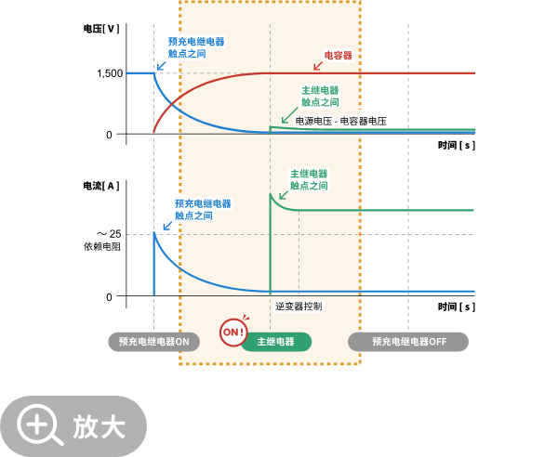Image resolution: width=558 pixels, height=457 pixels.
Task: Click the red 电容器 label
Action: [338, 56]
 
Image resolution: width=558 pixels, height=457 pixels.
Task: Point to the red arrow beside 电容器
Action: [318, 65]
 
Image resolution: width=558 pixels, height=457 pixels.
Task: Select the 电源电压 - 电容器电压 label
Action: [341, 121]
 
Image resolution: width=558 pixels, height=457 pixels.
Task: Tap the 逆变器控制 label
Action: [299, 306]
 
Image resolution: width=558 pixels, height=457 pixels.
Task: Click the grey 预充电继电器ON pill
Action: [153, 342]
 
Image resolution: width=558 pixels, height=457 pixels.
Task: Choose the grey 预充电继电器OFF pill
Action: [408, 342]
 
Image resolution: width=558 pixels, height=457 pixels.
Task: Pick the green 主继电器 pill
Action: [276, 342]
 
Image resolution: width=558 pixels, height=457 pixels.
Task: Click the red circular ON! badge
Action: [233, 332]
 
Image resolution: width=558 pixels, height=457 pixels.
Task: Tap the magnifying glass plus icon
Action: [38, 424]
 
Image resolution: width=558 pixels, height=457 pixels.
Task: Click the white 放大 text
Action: [100, 426]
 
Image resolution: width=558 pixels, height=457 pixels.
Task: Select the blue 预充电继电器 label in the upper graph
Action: [196, 47]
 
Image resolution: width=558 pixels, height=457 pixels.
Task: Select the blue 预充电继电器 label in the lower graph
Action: [203, 209]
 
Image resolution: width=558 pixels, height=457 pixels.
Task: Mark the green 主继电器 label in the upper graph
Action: [320, 96]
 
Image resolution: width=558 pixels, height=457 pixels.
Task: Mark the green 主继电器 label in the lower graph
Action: [309, 179]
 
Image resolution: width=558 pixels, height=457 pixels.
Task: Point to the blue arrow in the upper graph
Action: [161, 65]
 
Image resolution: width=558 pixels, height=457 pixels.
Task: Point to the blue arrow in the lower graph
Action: [167, 225]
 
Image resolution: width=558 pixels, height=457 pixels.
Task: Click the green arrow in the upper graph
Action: [288, 117]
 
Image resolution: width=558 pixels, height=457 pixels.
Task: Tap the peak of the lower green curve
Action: [271, 194]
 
